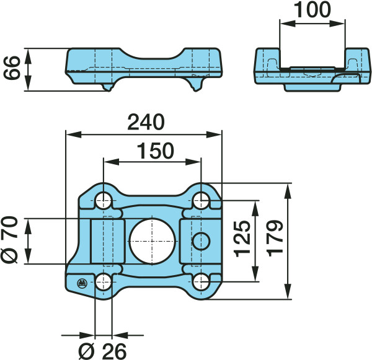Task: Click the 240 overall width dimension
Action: [146, 122]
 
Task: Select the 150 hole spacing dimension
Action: [156, 151]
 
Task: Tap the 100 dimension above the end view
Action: [312, 10]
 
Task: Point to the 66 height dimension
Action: [11, 68]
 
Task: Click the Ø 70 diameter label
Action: [9, 240]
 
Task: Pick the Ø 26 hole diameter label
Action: [102, 351]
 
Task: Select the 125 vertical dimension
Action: [242, 239]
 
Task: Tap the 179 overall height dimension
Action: [275, 239]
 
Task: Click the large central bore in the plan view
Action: [153, 241]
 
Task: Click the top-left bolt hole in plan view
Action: [103, 200]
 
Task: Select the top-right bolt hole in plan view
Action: [201, 200]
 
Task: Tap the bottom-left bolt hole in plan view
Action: [103, 282]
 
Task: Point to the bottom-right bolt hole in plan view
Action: [201, 282]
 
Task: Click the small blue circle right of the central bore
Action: [201, 241]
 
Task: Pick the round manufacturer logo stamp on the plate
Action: [82, 283]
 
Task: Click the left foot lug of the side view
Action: [107, 87]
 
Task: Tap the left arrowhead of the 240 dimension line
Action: [74, 134]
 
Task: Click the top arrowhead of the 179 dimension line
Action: [288, 191]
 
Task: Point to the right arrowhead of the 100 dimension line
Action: [337, 24]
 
